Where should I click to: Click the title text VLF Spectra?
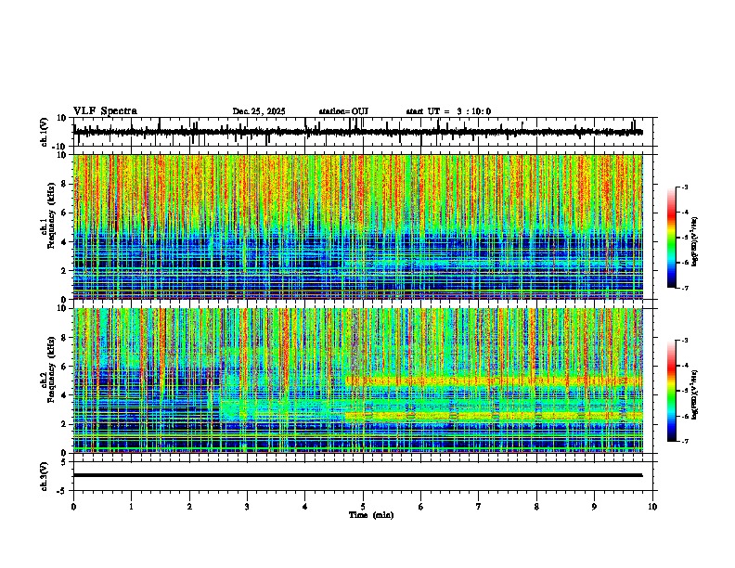(105, 111)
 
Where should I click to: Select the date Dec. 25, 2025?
(261, 111)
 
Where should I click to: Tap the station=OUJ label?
(343, 111)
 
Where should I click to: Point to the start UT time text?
(448, 111)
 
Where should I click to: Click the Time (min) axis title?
(370, 515)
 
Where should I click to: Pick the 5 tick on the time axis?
(363, 507)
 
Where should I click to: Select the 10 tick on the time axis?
(652, 507)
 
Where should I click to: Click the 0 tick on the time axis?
(73, 507)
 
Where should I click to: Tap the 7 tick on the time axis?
(479, 507)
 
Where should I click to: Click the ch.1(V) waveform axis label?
(45, 133)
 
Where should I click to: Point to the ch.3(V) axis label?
(45, 475)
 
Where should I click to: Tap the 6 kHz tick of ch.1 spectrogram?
(66, 213)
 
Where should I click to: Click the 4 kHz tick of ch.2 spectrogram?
(66, 394)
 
